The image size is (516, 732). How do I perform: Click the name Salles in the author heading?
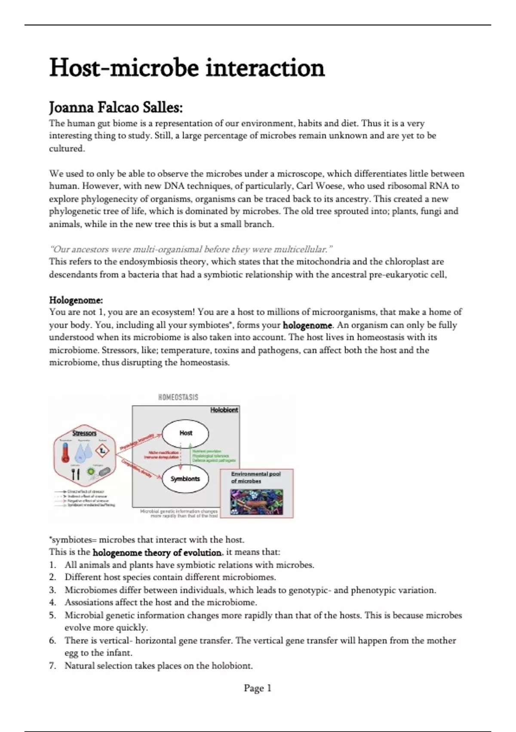[162, 107]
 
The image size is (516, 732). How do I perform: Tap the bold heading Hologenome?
[76, 300]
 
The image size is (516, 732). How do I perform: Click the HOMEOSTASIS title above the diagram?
[178, 397]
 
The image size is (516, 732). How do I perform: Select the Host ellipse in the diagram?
[185, 433]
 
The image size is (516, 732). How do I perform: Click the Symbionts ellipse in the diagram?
[185, 478]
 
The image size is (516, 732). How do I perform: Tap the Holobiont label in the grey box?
[224, 410]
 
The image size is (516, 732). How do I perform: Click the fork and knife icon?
[75, 474]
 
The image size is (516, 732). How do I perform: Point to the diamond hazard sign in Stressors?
[102, 451]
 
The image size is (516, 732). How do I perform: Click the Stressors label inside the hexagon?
[84, 433]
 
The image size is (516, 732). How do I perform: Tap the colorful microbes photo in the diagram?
[256, 502]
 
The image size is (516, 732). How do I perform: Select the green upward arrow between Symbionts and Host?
[190, 456]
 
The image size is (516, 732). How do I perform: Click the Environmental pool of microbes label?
[255, 477]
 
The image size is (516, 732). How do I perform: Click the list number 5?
[52, 615]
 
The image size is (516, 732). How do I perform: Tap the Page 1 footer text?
[258, 688]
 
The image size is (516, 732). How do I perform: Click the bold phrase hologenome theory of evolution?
[157, 552]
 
